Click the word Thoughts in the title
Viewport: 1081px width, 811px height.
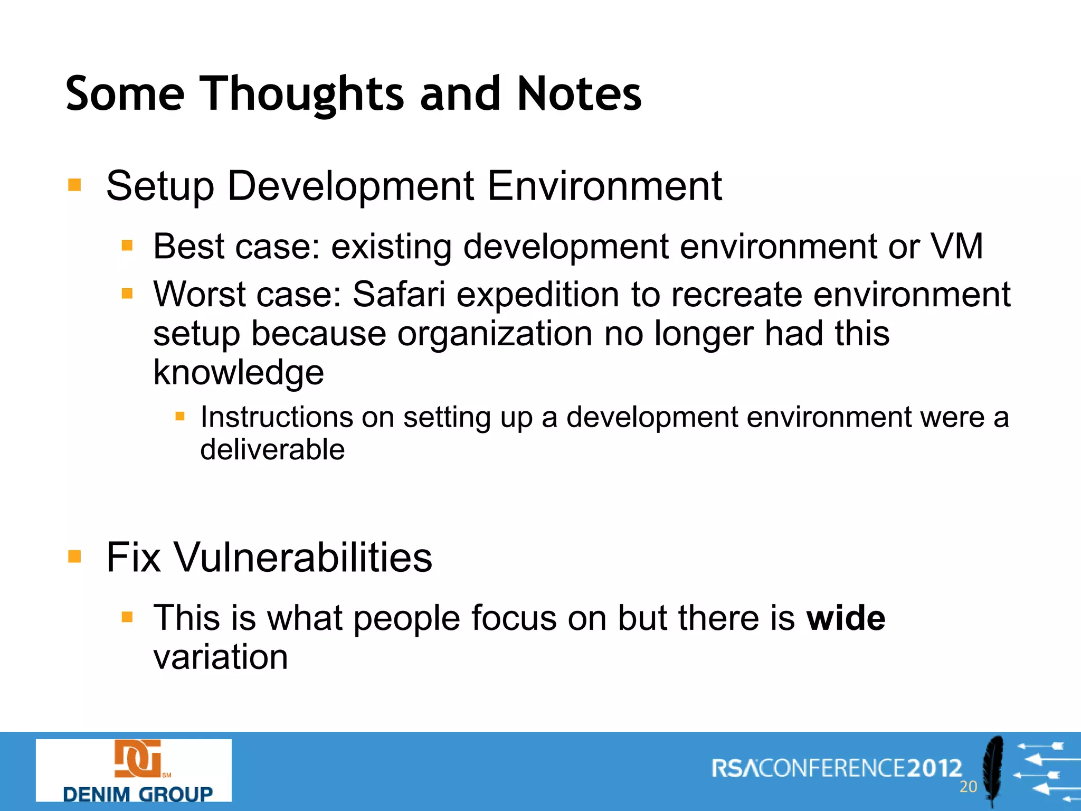point(303,94)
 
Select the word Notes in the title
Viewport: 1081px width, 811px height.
point(579,94)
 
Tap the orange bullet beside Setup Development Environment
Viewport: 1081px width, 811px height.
point(74,185)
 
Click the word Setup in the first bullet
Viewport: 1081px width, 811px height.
point(159,187)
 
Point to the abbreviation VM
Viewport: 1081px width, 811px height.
point(956,246)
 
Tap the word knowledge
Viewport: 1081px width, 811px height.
point(238,373)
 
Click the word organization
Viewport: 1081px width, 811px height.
point(495,334)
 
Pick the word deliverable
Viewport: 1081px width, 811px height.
point(272,450)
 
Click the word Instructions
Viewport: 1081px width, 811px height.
point(276,417)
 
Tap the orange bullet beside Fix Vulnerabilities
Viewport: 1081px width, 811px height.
point(74,557)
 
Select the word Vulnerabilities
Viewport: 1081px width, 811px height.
point(303,558)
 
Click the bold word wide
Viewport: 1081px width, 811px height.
point(846,618)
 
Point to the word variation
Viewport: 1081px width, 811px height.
point(221,658)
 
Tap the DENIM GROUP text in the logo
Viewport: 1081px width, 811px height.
point(137,794)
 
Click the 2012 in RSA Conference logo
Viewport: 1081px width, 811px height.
point(934,768)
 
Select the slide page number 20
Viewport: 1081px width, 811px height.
point(968,787)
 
